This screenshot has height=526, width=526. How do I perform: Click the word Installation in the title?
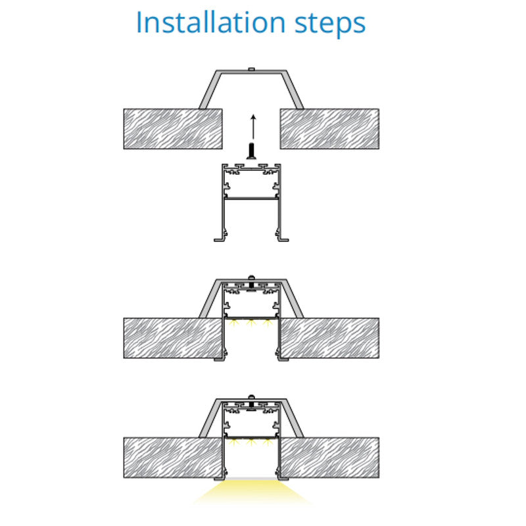[x=210, y=22]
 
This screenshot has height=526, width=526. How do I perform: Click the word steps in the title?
[x=330, y=24]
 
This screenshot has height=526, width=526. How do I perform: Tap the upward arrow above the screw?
[x=253, y=127]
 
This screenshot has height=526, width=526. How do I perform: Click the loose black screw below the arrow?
[x=251, y=151]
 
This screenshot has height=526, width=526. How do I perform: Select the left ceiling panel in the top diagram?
[x=173, y=129]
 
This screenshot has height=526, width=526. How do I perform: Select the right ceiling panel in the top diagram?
[x=329, y=129]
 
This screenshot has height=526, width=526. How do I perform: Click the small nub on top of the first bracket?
[x=251, y=70]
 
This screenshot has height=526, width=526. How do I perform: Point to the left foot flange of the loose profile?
[x=220, y=239]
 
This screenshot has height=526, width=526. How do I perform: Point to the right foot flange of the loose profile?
[x=283, y=239]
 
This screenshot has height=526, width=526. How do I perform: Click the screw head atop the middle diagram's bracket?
[x=251, y=277]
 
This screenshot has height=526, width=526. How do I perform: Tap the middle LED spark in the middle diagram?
[x=251, y=323]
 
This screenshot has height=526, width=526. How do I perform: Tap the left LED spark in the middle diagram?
[x=234, y=323]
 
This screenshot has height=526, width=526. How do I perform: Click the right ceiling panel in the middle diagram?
[x=329, y=338]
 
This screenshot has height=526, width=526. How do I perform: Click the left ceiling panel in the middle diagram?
[x=173, y=338]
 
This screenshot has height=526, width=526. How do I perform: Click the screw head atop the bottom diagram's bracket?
[x=251, y=397]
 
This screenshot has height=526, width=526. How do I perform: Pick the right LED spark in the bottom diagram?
[x=268, y=442]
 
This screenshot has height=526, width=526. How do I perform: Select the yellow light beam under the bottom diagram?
[x=252, y=491]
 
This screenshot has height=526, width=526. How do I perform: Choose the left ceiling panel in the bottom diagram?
[x=173, y=458]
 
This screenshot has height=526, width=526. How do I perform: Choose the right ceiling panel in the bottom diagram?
[x=329, y=458]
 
